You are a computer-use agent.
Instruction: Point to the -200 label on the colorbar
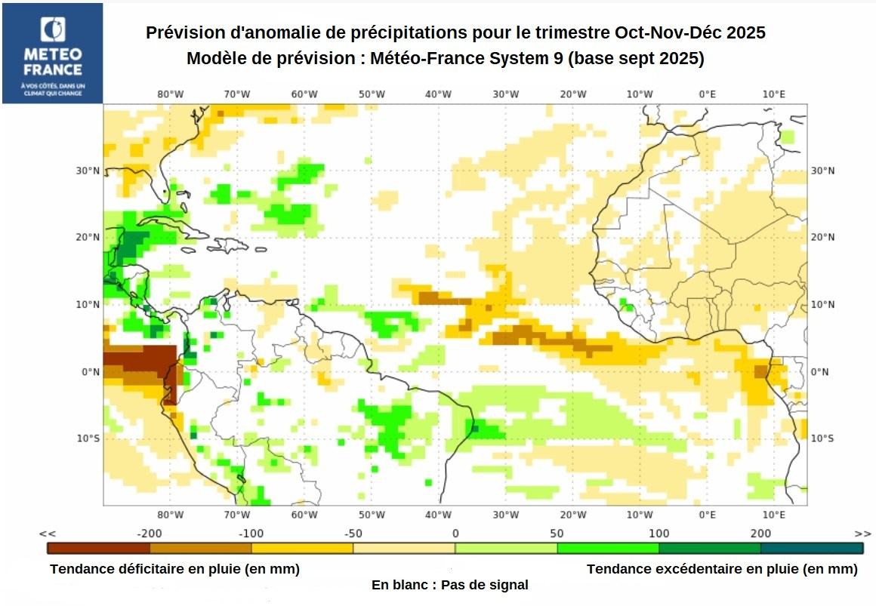click(149, 534)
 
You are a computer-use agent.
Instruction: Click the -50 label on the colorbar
click(353, 534)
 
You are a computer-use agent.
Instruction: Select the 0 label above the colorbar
click(455, 534)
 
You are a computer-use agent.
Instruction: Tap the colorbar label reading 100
click(659, 534)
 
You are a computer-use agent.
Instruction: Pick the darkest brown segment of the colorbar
click(98, 548)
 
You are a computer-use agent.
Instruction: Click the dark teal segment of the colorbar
click(812, 548)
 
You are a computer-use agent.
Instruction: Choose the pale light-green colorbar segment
click(506, 548)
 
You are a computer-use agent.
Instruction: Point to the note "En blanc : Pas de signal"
click(449, 585)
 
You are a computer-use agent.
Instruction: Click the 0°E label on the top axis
click(707, 94)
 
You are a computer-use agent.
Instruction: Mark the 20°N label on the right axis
click(823, 237)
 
